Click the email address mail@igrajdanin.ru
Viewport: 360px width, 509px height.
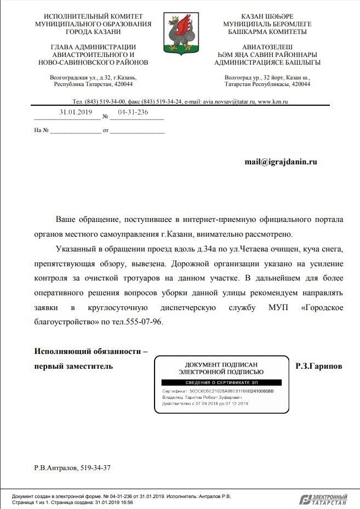point(281,162)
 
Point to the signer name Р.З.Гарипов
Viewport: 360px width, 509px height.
point(318,366)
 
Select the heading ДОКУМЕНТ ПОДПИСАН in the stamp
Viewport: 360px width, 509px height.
point(221,364)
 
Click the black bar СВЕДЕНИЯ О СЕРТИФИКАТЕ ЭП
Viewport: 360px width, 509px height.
point(221,382)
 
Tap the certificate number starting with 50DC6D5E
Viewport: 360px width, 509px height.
point(231,392)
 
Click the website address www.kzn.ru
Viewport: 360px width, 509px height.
point(273,102)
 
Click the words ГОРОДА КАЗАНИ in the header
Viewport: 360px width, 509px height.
point(93,32)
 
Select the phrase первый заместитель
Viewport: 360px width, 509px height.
point(73,366)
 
